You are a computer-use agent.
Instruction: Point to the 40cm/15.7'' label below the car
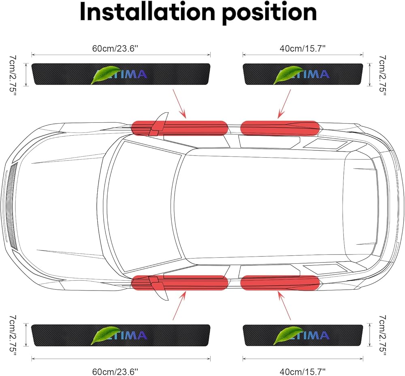[303, 370]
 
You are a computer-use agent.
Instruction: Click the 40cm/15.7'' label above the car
[303, 48]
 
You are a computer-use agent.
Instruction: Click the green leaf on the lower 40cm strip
[286, 336]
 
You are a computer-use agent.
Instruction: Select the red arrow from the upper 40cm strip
[284, 104]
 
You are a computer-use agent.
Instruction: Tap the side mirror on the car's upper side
[161, 121]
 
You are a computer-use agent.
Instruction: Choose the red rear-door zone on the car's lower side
[280, 282]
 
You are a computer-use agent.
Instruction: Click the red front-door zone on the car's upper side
[180, 128]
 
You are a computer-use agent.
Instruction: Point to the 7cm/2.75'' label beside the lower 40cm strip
[382, 335]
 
